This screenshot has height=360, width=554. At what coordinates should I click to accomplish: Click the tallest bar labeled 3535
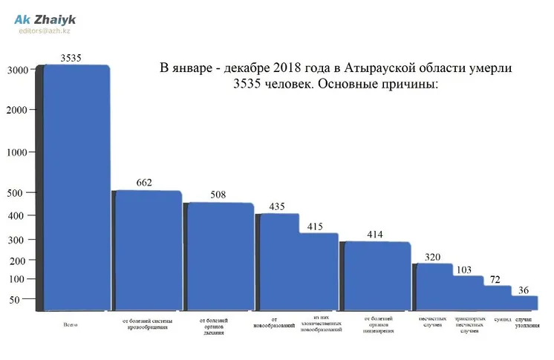click(x=77, y=186)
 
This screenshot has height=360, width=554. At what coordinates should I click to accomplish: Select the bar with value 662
click(x=147, y=249)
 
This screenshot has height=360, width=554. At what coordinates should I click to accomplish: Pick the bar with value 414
click(x=377, y=275)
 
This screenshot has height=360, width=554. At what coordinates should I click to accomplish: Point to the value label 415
click(x=316, y=226)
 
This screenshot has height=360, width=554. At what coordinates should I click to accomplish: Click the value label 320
click(x=432, y=257)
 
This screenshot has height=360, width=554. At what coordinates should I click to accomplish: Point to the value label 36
click(x=524, y=289)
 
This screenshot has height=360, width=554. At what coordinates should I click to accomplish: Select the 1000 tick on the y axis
click(x=18, y=152)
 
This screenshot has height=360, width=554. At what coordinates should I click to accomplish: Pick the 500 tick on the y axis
click(x=15, y=193)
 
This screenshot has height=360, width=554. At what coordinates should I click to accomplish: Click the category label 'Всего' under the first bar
click(x=72, y=324)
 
